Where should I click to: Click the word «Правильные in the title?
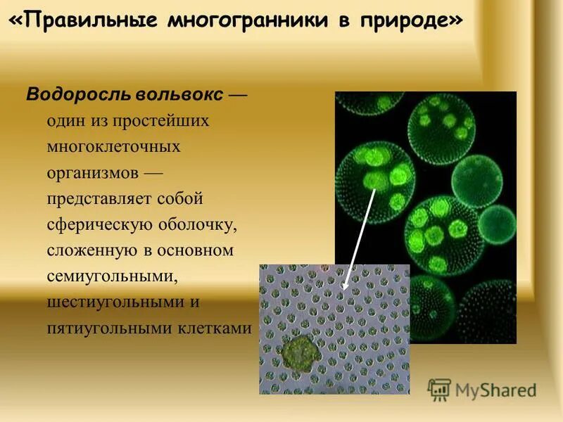click(x=84, y=20)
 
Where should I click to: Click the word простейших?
click(x=166, y=121)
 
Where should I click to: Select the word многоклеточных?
click(x=113, y=147)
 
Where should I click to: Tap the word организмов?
click(x=93, y=173)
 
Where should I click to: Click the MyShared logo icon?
click(x=439, y=389)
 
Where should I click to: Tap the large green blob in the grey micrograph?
click(x=299, y=350)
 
